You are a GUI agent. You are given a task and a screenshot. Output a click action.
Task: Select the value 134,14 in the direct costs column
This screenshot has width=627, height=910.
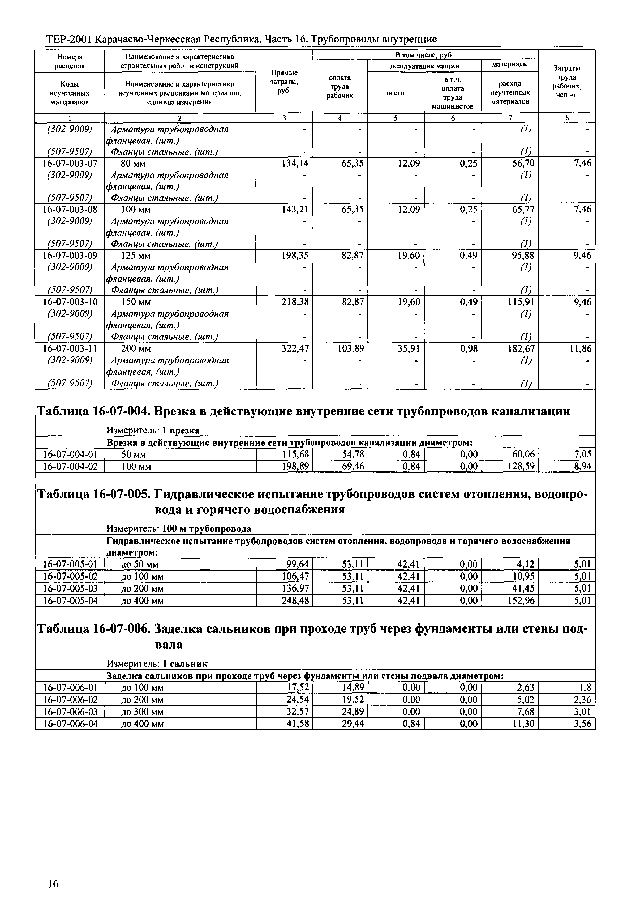[295, 163]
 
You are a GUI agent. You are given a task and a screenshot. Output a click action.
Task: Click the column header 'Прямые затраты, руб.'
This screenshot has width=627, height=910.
[284, 81]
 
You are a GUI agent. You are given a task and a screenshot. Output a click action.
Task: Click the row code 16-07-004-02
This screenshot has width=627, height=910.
[70, 467]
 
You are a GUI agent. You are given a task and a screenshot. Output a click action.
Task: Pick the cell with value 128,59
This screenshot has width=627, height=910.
[521, 467]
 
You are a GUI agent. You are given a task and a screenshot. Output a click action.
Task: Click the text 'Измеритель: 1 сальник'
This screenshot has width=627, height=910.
[157, 664]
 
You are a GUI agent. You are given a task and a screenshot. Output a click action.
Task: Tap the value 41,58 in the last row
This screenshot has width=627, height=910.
[298, 724]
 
